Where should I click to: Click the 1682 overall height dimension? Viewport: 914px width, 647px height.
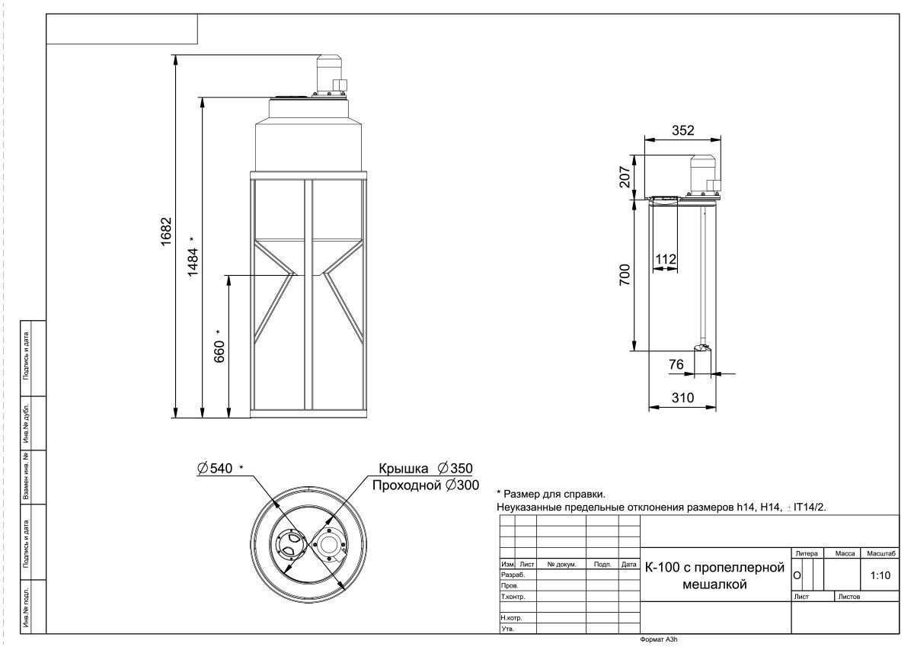(166, 232)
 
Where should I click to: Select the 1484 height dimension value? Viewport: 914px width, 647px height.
(193, 261)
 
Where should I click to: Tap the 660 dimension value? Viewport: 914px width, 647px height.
(219, 351)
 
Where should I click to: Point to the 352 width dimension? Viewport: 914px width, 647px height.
(682, 130)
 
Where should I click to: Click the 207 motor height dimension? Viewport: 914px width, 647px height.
(625, 176)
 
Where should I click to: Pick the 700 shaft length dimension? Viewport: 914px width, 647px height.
(625, 274)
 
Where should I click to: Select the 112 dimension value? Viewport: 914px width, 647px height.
(666, 259)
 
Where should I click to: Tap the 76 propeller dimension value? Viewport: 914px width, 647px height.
(676, 364)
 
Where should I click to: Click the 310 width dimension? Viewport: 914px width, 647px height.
(682, 398)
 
